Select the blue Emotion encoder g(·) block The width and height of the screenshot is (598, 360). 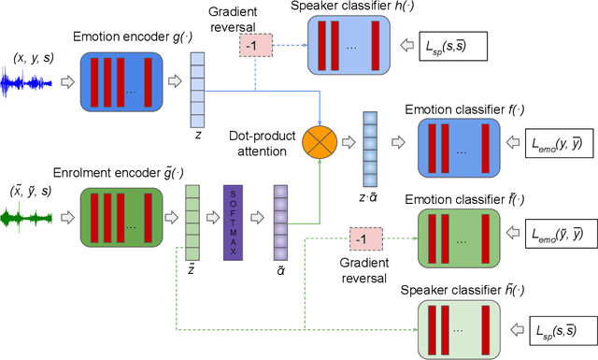(x=121, y=84)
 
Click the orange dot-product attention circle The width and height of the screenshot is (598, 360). (x=321, y=142)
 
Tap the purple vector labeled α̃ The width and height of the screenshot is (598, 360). (x=279, y=219)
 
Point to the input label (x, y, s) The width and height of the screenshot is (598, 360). (x=33, y=57)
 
